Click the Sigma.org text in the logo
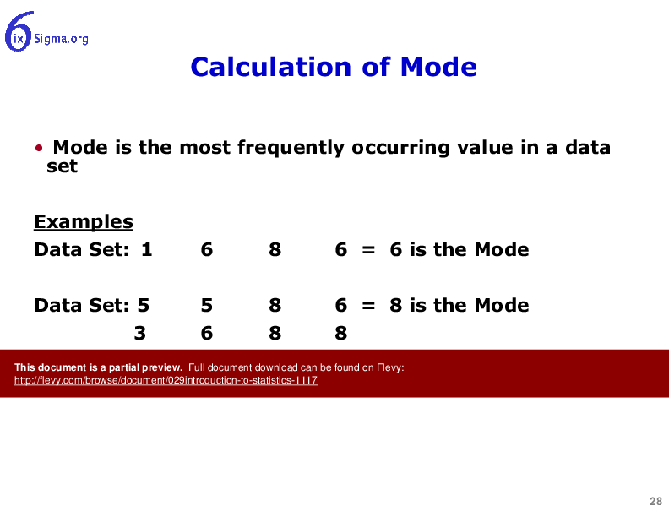[x=61, y=39]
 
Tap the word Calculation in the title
[x=271, y=67]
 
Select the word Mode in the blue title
[x=438, y=67]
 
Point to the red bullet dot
[x=39, y=148]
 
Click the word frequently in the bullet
[x=291, y=148]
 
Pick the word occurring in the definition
[x=400, y=148]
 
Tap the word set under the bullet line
[x=62, y=166]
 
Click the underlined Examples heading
[x=84, y=222]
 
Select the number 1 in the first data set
[x=147, y=249]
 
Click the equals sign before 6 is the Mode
[x=368, y=249]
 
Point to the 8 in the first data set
[x=275, y=249]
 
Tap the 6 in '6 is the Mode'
[x=396, y=249]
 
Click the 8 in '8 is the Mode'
[x=396, y=306]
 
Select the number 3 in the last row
[x=140, y=333]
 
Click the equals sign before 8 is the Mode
[x=368, y=306]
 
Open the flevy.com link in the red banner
[x=166, y=380]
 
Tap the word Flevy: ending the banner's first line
[x=390, y=367]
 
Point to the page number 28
[x=655, y=501]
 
